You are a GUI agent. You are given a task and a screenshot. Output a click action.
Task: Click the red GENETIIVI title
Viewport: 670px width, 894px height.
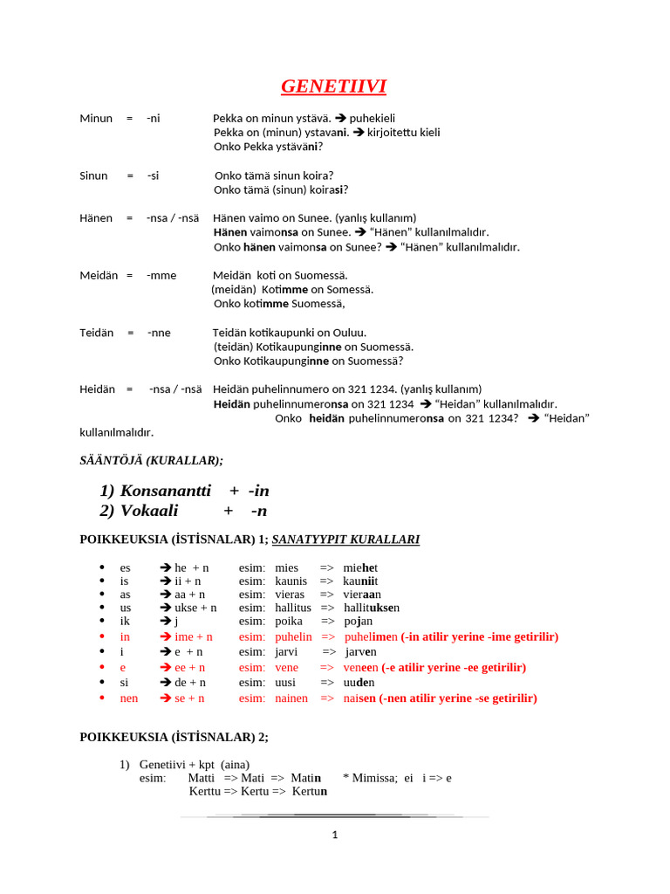tap(333, 86)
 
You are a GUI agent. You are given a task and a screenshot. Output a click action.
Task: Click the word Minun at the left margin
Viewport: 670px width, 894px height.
tap(96, 118)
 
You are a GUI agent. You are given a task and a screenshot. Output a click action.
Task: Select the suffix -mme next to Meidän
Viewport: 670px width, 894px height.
tap(161, 275)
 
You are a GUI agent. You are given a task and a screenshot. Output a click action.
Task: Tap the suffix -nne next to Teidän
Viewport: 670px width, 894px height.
tap(159, 333)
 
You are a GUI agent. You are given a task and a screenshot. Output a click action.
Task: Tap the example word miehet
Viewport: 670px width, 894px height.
tap(360, 567)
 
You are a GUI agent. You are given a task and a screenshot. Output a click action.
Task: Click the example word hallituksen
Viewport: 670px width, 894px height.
tap(372, 608)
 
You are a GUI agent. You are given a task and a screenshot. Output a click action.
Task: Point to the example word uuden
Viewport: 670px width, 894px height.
tap(359, 683)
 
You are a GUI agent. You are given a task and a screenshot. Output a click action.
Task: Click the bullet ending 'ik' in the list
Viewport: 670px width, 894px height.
tap(126, 621)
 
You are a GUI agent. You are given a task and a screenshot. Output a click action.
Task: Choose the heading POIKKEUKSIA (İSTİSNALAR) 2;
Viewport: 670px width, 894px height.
tap(174, 737)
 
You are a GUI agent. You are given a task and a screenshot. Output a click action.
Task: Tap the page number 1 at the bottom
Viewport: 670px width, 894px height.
tap(334, 835)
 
